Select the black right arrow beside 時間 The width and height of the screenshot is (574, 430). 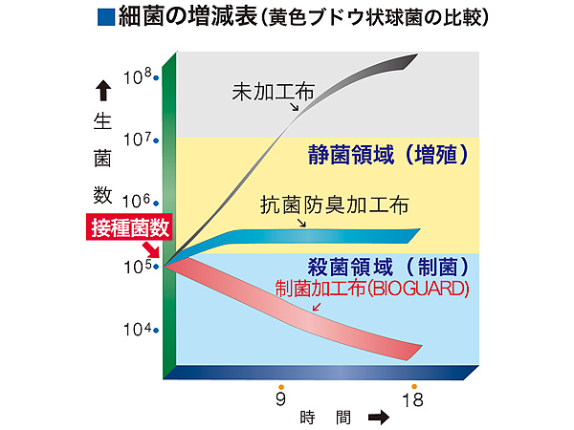378,418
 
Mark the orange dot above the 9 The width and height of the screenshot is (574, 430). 280,385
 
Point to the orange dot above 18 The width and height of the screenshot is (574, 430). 414,385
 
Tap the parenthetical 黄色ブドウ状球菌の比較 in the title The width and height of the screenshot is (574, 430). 366,18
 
